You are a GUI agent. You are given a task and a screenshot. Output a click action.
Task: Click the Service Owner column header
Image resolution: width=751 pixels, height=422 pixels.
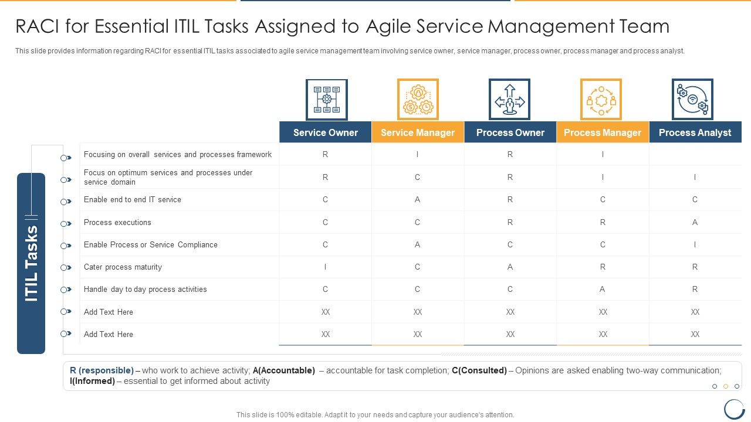(x=326, y=132)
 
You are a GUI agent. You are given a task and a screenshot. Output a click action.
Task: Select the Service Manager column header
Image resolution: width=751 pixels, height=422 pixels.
(x=418, y=132)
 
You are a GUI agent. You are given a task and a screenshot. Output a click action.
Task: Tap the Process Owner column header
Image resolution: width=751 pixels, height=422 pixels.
(x=510, y=132)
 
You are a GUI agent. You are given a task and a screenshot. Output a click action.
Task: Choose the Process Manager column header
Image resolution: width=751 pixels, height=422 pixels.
(x=603, y=132)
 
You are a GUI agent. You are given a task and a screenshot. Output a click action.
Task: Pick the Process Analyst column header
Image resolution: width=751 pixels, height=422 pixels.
(x=695, y=132)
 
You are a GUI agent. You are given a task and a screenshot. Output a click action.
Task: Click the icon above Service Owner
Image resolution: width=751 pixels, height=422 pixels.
(x=326, y=100)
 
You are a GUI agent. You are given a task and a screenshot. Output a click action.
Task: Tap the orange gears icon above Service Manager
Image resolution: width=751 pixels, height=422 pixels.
(x=418, y=100)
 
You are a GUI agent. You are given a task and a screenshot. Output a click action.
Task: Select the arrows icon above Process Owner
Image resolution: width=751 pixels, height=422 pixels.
(x=509, y=100)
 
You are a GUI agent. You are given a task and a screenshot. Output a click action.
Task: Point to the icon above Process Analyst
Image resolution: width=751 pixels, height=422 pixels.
(x=692, y=100)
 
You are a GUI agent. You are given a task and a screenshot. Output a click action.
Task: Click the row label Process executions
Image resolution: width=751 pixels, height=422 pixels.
(x=117, y=223)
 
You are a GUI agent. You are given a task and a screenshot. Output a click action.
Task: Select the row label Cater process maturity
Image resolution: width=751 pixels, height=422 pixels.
(x=123, y=267)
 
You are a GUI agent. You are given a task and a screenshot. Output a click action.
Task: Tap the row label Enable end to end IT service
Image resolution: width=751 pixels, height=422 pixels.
(x=133, y=200)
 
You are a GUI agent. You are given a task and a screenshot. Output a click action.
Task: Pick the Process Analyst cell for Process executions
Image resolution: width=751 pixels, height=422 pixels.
(x=695, y=223)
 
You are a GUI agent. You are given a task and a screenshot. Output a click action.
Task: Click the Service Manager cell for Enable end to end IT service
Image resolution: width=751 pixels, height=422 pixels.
(x=418, y=200)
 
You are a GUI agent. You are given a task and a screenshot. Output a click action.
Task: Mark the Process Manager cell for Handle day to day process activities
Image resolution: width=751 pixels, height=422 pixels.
(x=603, y=290)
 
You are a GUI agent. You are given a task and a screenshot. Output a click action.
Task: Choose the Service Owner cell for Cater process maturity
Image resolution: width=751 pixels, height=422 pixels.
(x=326, y=267)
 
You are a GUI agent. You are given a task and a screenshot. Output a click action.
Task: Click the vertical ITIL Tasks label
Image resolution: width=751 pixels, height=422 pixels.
(x=31, y=263)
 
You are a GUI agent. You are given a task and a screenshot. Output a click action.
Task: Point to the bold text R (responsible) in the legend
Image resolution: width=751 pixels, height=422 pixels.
(x=102, y=370)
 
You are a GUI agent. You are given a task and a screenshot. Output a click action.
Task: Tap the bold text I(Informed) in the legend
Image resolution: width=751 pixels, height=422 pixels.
(x=92, y=381)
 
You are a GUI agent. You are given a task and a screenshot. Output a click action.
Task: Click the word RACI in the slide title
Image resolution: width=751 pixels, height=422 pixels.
(x=40, y=26)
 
